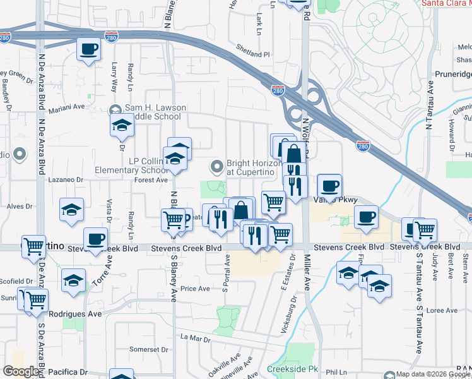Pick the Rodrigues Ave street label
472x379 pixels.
tap(75, 313)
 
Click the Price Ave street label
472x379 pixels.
tap(195, 288)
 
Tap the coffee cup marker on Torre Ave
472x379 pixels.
tap(95, 239)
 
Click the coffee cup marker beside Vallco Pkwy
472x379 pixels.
tap(329, 186)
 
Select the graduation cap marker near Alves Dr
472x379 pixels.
tap(72, 210)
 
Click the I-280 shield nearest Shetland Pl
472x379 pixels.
tap(277, 90)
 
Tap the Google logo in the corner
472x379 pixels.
tap(21, 371)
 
